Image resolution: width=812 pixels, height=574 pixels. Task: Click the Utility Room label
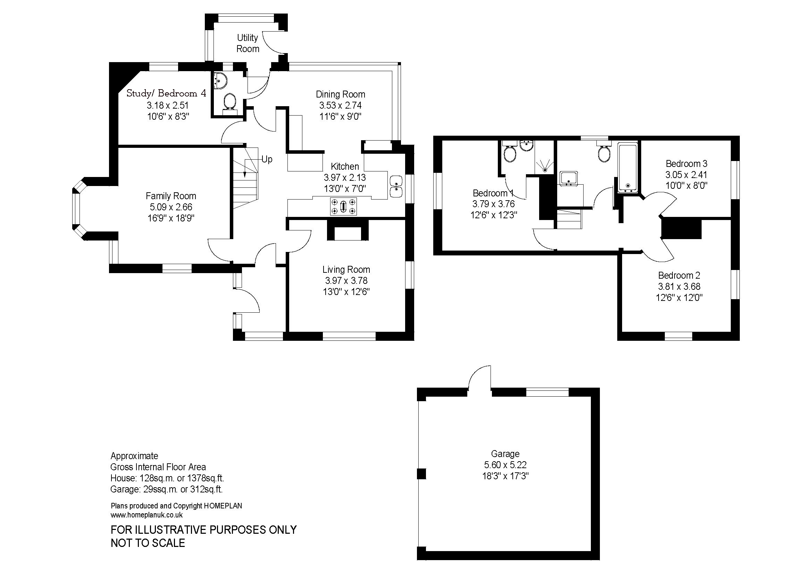pyautogui.click(x=248, y=43)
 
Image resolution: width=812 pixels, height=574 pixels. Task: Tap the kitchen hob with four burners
pyautogui.click(x=343, y=206)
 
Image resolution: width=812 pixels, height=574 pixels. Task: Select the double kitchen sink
pyautogui.click(x=396, y=186)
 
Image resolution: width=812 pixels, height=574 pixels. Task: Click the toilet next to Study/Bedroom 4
pyautogui.click(x=230, y=102)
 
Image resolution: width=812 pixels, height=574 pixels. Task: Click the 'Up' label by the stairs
pyautogui.click(x=267, y=159)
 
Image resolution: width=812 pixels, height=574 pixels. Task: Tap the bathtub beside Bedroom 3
pyautogui.click(x=627, y=168)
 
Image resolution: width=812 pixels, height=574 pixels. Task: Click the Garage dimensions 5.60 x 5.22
pyautogui.click(x=505, y=465)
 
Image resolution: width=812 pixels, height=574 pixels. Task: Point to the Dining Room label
pyautogui.click(x=340, y=94)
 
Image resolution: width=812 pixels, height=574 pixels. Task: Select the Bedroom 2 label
pyautogui.click(x=679, y=275)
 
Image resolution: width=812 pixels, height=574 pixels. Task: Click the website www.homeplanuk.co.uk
pyautogui.click(x=147, y=515)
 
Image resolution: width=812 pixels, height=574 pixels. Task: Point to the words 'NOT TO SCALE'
pyautogui.click(x=148, y=543)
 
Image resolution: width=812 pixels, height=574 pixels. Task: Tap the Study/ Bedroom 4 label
pyautogui.click(x=166, y=93)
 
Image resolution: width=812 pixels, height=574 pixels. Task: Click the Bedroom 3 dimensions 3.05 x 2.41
pyautogui.click(x=686, y=175)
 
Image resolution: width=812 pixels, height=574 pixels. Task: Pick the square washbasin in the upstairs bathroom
pyautogui.click(x=569, y=178)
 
